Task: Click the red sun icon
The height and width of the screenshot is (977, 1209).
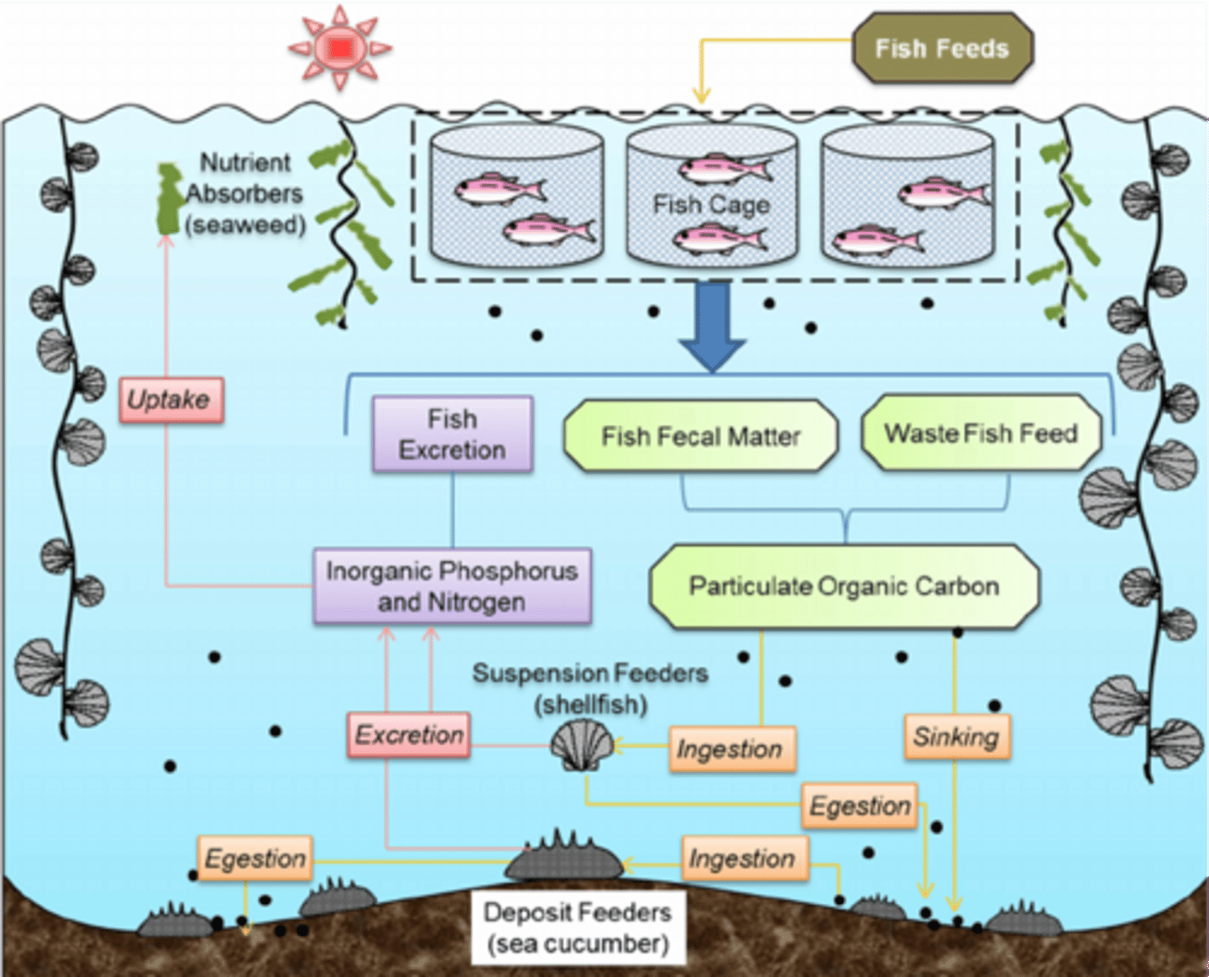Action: point(340,48)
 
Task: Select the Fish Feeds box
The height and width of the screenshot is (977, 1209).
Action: point(942,49)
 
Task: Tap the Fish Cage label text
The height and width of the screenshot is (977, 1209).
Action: point(711,204)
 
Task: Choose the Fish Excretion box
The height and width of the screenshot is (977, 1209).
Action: point(453,434)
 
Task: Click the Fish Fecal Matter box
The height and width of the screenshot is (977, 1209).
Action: point(700,436)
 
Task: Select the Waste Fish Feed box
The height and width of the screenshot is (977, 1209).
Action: point(981,433)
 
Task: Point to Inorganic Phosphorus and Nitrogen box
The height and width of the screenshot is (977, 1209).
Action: point(452,586)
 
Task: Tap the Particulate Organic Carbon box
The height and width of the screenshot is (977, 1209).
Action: point(844,586)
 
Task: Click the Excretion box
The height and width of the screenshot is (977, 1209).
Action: point(409,735)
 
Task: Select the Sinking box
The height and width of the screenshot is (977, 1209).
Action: point(956,737)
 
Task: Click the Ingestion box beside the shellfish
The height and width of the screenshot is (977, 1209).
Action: point(730,749)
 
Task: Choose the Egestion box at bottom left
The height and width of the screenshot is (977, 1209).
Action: point(255,859)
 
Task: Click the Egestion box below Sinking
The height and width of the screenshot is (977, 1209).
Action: point(859,806)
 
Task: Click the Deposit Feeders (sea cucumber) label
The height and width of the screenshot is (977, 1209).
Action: point(578,928)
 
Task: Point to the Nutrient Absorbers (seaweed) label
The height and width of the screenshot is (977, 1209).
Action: point(245,193)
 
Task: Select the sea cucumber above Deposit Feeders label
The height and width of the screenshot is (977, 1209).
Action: point(564,859)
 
